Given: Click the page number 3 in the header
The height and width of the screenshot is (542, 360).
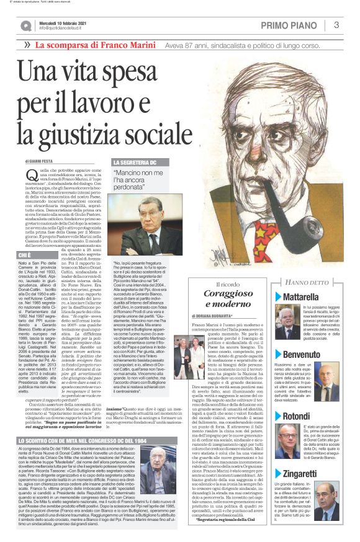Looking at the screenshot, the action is point(336,25).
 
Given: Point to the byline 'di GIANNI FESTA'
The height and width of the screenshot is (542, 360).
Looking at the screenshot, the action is point(40,161).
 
